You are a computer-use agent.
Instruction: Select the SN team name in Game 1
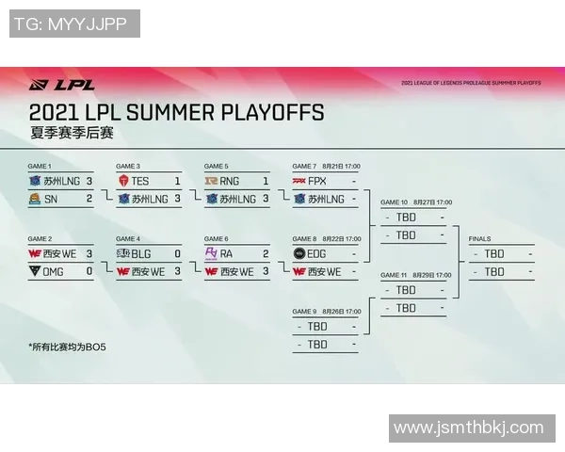point(50,199)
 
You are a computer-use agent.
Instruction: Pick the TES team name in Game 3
point(139,181)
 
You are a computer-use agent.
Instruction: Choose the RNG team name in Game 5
point(229,181)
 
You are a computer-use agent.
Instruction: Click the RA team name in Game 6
point(227,253)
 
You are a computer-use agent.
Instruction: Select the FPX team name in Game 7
point(317,181)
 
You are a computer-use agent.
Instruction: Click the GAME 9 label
point(305,312)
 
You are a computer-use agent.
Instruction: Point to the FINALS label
point(479,239)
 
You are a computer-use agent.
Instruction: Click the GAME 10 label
point(394,202)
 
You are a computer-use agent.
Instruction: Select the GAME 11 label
point(394,275)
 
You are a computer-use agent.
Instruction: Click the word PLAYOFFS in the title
point(273,113)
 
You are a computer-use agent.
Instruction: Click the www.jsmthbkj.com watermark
point(468,428)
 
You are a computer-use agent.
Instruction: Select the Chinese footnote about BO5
point(69,347)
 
